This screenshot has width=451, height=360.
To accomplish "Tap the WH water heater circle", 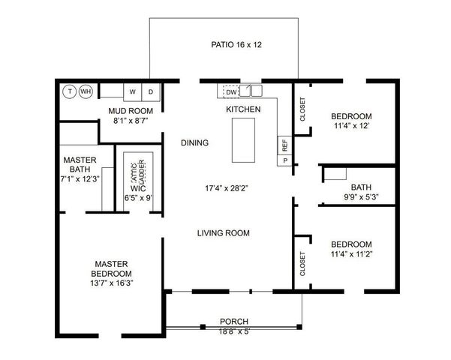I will click(86, 91).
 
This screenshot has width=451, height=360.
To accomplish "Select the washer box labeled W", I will click(133, 92).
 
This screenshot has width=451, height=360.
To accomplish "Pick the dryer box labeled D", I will click(151, 92).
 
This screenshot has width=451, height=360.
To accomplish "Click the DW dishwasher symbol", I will click(231, 91).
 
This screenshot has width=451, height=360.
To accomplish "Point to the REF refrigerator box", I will click(285, 145).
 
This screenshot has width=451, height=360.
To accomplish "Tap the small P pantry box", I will click(285, 161).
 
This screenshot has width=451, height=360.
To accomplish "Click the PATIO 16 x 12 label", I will click(236, 45).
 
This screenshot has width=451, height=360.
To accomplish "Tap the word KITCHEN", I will click(243, 110).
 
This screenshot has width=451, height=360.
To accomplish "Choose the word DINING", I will click(194, 142).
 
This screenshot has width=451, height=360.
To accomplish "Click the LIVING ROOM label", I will click(224, 233).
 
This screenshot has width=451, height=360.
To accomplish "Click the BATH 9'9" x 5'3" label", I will click(361, 193).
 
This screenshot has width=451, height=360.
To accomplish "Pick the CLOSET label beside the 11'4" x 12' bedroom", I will click(302, 109).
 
